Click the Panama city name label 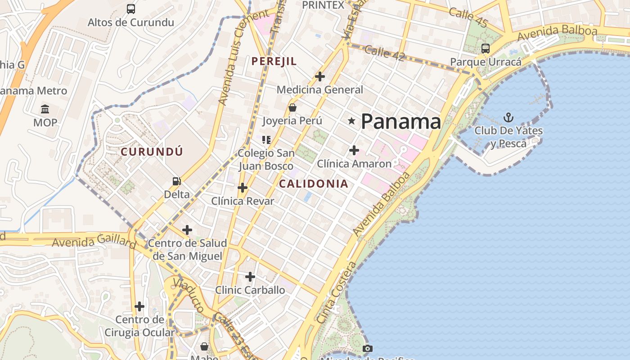(x=400, y=121)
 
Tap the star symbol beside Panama (x=352, y=121)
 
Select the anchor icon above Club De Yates (x=508, y=118)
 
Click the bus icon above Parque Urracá (x=486, y=48)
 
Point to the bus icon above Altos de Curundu (x=131, y=9)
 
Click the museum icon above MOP (x=45, y=109)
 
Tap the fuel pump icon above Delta (x=177, y=181)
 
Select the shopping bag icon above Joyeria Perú (x=292, y=108)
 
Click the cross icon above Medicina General (x=320, y=76)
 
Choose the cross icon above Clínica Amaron (x=354, y=150)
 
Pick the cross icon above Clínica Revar (x=243, y=187)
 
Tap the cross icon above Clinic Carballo (x=250, y=276)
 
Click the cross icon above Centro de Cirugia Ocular (x=139, y=306)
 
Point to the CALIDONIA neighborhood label (x=314, y=184)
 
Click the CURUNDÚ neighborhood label (x=152, y=152)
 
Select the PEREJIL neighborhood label (x=274, y=61)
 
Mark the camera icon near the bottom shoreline (x=368, y=348)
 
